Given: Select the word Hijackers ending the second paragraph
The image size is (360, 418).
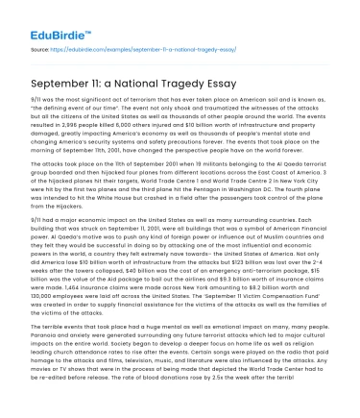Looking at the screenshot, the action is [54, 234].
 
